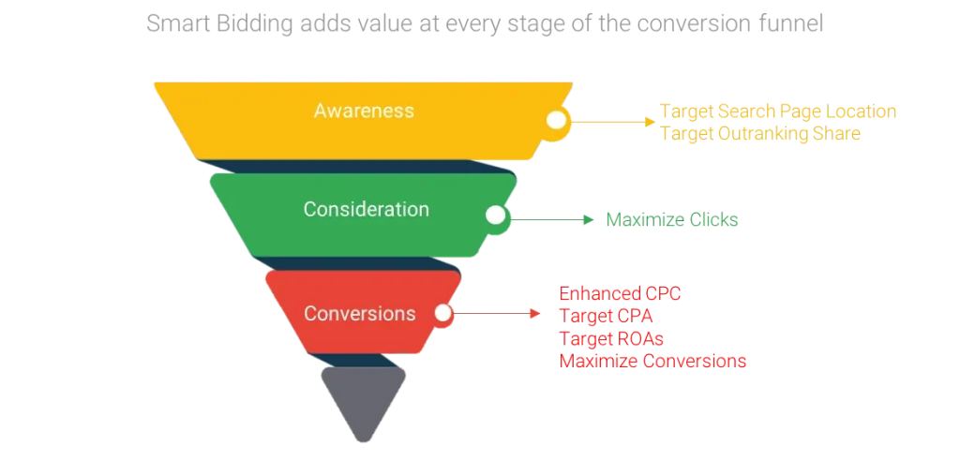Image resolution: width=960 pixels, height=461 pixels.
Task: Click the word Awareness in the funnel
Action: point(364,111)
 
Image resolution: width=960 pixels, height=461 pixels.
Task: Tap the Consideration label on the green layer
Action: point(366,209)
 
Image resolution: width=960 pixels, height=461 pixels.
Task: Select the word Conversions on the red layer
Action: point(359,313)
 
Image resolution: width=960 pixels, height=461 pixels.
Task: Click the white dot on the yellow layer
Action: point(557,120)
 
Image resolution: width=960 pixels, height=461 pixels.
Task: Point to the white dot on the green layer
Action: point(495,216)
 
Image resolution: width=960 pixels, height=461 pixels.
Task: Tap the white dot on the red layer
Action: point(442,313)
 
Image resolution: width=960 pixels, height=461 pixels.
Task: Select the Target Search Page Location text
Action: point(779,112)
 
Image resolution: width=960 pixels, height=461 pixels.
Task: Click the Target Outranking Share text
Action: point(760,133)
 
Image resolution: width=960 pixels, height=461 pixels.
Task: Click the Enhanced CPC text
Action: point(620,293)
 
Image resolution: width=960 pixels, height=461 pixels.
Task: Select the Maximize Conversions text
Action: point(653,361)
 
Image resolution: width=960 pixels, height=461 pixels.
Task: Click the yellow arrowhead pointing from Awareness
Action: point(649,120)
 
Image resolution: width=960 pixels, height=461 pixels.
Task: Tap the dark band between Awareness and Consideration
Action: point(361,167)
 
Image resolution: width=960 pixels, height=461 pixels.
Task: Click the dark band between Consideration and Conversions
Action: point(361,263)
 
